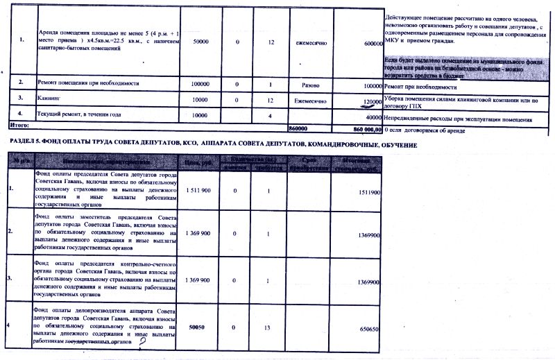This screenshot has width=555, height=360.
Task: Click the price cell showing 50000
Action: (200, 42)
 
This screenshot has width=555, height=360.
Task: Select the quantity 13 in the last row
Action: (267, 325)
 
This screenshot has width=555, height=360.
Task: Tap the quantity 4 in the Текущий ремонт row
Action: (267, 115)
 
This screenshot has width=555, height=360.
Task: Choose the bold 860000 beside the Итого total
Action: (298, 129)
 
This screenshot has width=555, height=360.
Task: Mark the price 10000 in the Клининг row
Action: (200, 99)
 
